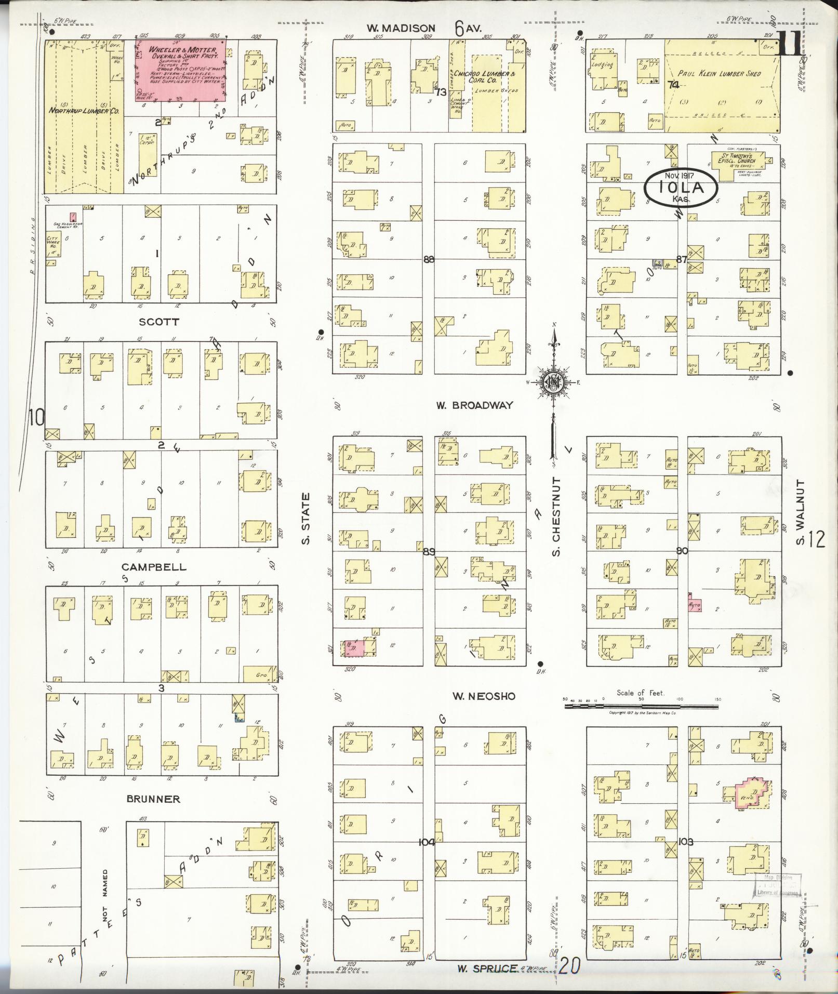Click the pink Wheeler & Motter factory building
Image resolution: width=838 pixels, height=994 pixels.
[180, 71]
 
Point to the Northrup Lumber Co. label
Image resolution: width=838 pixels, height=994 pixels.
[85, 111]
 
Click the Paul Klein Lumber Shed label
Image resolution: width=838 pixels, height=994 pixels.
[720, 74]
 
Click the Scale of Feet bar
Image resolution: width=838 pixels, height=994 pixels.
[642, 700]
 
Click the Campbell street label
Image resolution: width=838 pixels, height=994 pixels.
[154, 567]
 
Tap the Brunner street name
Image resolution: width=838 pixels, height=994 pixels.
[153, 799]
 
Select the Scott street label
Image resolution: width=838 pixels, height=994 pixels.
[159, 322]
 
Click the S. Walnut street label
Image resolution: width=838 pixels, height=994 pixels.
[800, 512]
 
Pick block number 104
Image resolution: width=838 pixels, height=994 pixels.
[428, 842]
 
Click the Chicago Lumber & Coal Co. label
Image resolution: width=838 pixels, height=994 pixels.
[484, 77]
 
